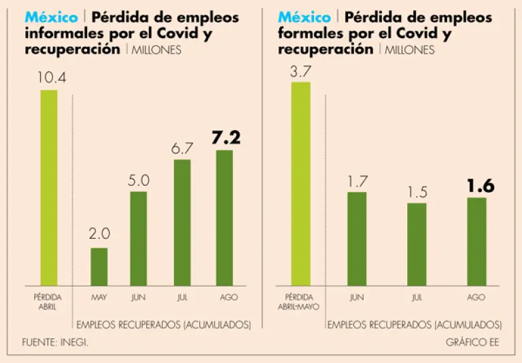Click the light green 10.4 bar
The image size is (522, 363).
click(49, 187)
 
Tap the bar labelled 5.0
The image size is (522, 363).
click(139, 238)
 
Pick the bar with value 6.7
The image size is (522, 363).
click(182, 223)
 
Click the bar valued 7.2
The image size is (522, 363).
click(224, 218)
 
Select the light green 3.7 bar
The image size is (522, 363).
click(300, 183)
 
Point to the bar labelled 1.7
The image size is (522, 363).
click(357, 238)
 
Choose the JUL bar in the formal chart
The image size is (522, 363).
click(417, 244)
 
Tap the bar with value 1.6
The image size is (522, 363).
click(476, 241)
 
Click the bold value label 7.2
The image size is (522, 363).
click(226, 138)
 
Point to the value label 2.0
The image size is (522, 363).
click(99, 235)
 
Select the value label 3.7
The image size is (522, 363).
click(300, 70)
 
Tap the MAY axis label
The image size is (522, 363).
click(99, 297)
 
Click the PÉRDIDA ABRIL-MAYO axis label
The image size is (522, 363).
click(300, 301)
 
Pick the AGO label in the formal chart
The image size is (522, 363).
click(476, 297)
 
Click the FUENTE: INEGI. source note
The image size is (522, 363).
click(55, 342)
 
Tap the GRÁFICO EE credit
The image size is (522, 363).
click(472, 342)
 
